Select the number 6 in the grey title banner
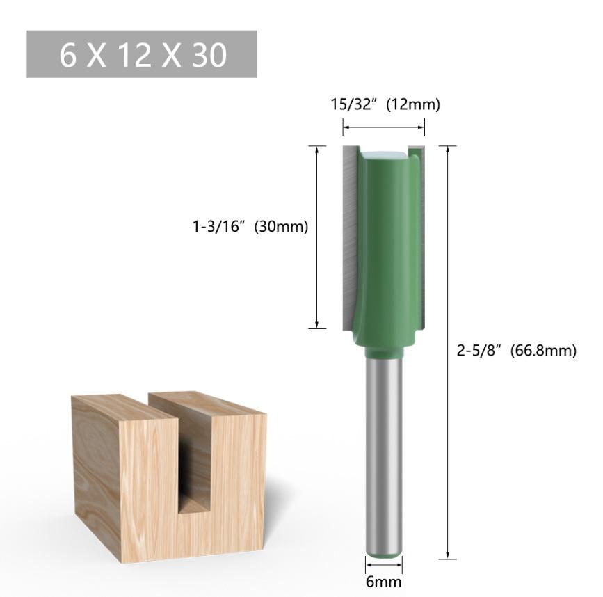click(67, 55)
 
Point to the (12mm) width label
click(413, 104)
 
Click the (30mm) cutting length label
click(282, 227)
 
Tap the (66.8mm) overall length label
click(543, 351)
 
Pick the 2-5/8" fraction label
click(479, 351)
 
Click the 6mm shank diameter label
click(383, 582)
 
